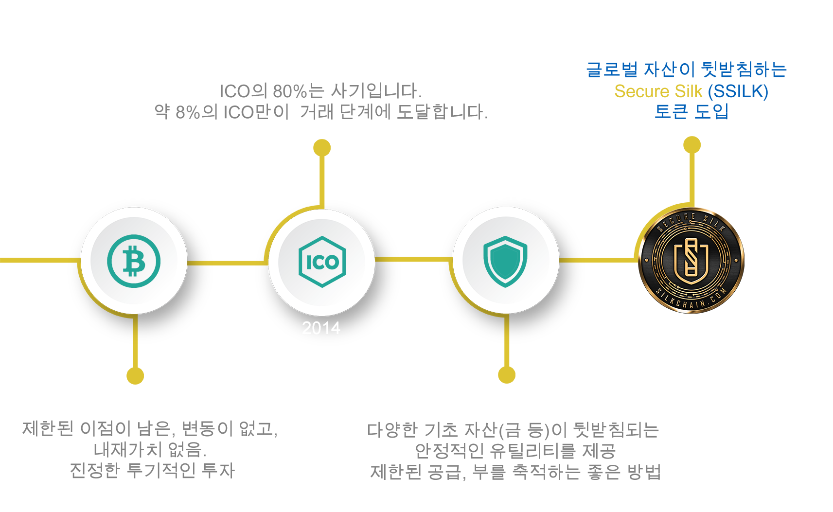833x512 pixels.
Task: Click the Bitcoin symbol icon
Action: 134,261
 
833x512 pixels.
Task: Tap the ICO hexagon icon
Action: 322,262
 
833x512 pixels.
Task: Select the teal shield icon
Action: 505,261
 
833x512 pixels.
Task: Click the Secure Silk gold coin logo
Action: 691,260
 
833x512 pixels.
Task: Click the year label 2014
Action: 321,328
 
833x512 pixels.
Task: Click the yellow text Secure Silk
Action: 658,91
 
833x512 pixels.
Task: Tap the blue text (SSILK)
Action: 738,91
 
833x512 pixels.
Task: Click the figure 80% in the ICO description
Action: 290,91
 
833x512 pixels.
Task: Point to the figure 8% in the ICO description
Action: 188,112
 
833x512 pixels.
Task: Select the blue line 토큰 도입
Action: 691,111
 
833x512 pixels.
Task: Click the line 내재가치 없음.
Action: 150,450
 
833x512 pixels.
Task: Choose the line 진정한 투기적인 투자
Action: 152,470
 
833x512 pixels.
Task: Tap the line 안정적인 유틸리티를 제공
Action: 515,451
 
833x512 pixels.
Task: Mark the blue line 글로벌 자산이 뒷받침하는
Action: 687,70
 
